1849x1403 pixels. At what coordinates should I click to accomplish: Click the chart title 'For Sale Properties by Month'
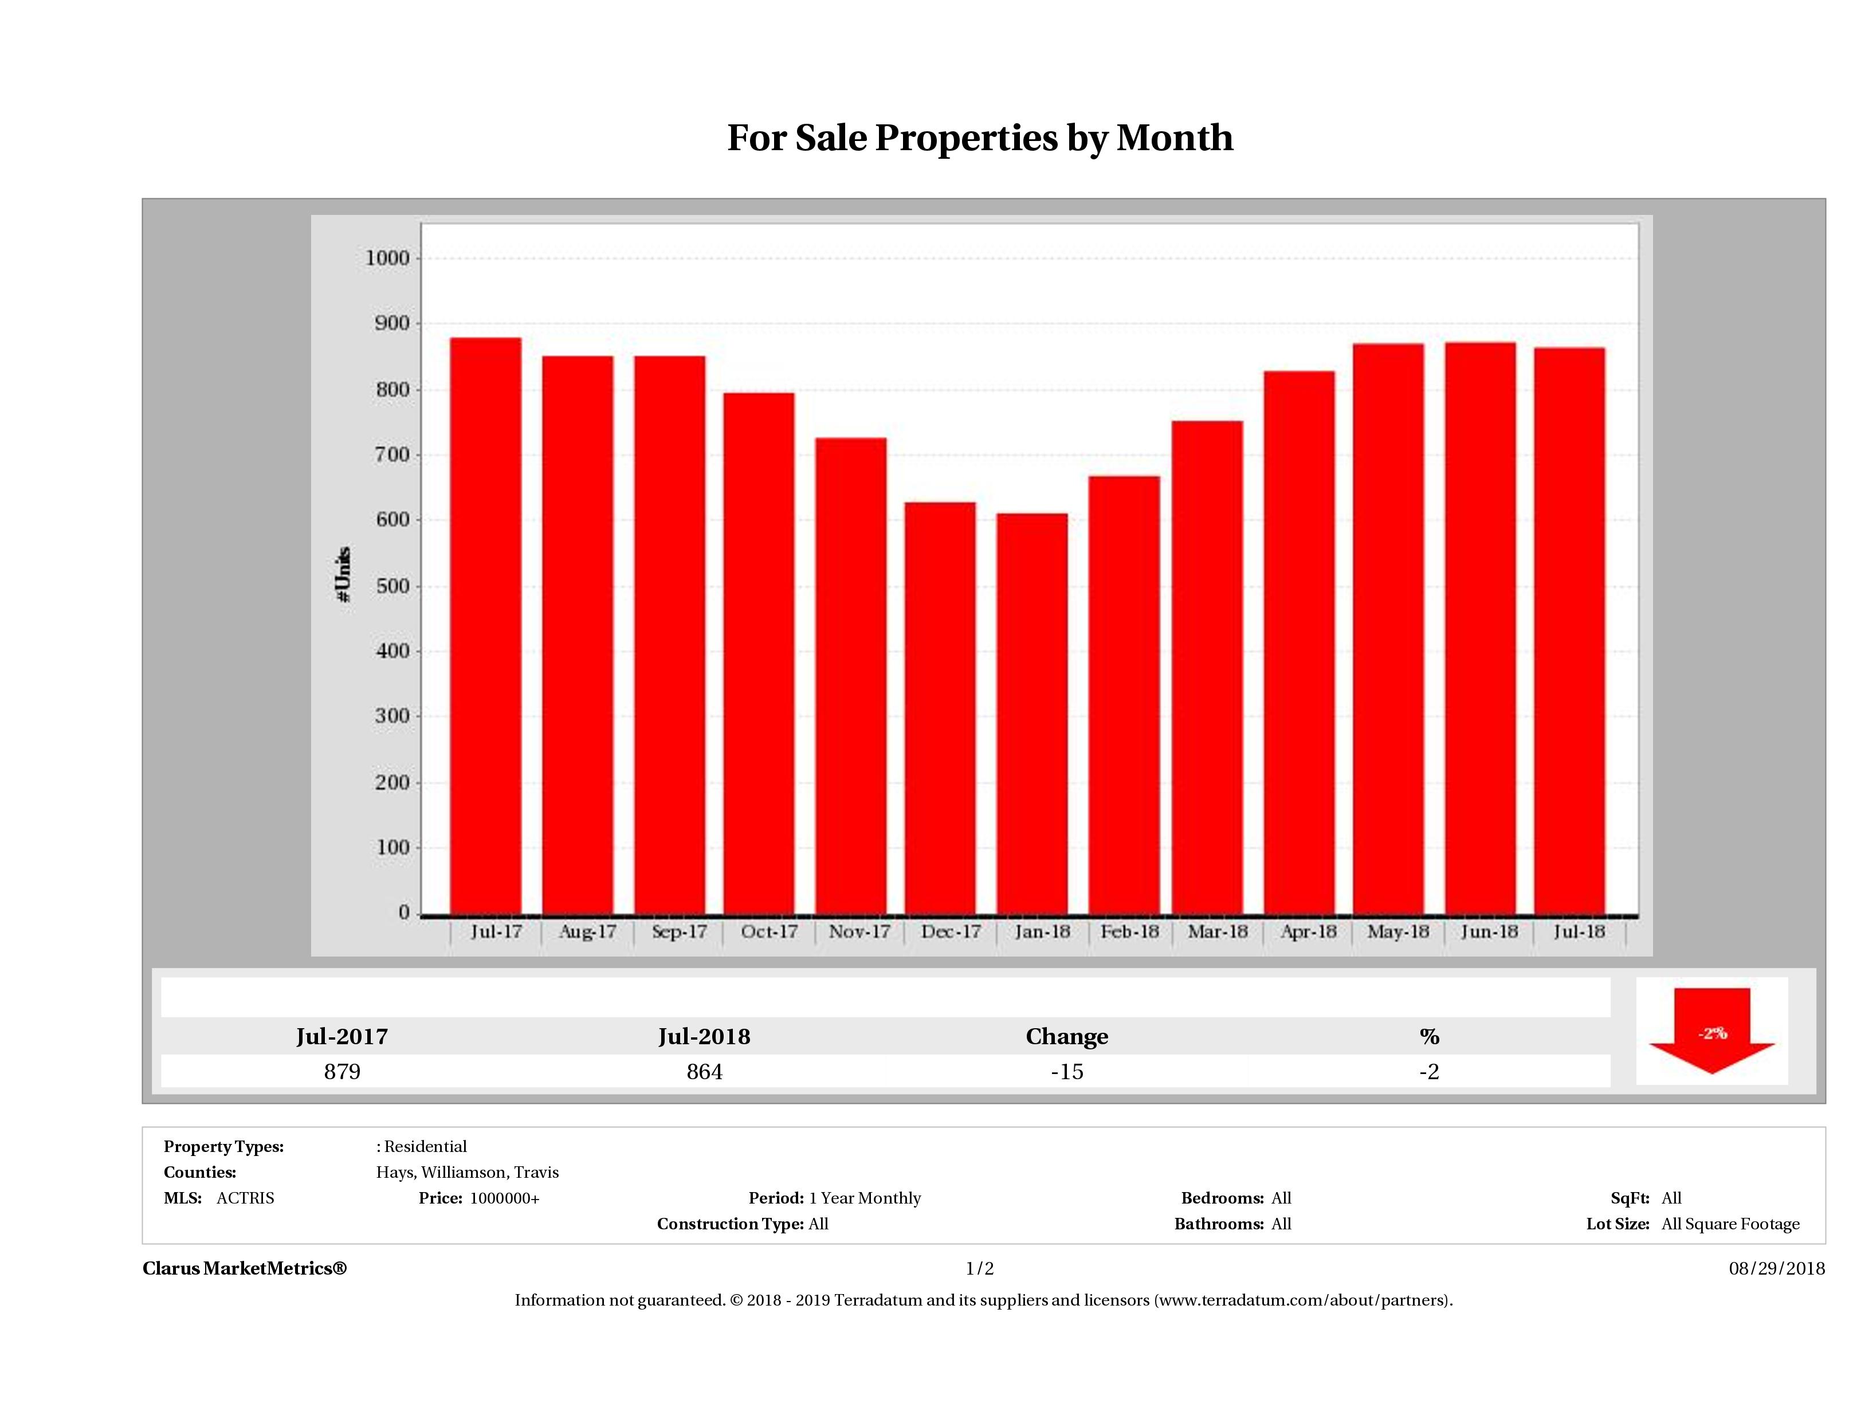coord(980,138)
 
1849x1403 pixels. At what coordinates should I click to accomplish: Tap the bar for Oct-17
coord(759,652)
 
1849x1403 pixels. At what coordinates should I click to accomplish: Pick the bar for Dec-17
coord(940,707)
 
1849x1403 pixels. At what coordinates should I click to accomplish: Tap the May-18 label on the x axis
coord(1397,931)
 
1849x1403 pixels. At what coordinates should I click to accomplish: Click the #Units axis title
coord(343,574)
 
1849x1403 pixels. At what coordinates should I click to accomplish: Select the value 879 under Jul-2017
coord(342,1072)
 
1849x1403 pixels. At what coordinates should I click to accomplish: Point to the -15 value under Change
coord(1067,1072)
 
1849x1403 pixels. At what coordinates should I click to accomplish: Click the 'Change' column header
coord(1067,1037)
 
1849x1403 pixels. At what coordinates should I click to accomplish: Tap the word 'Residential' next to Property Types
coord(426,1146)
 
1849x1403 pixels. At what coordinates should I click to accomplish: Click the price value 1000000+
coord(504,1198)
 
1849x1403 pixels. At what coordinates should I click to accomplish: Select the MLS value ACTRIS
coord(245,1198)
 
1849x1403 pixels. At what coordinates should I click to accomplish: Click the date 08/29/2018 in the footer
coord(1776,1268)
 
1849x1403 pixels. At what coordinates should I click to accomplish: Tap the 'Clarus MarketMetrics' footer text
coord(244,1268)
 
